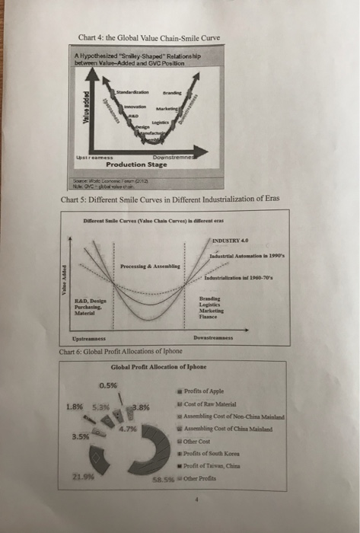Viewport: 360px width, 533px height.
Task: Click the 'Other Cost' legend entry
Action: coord(221,442)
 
